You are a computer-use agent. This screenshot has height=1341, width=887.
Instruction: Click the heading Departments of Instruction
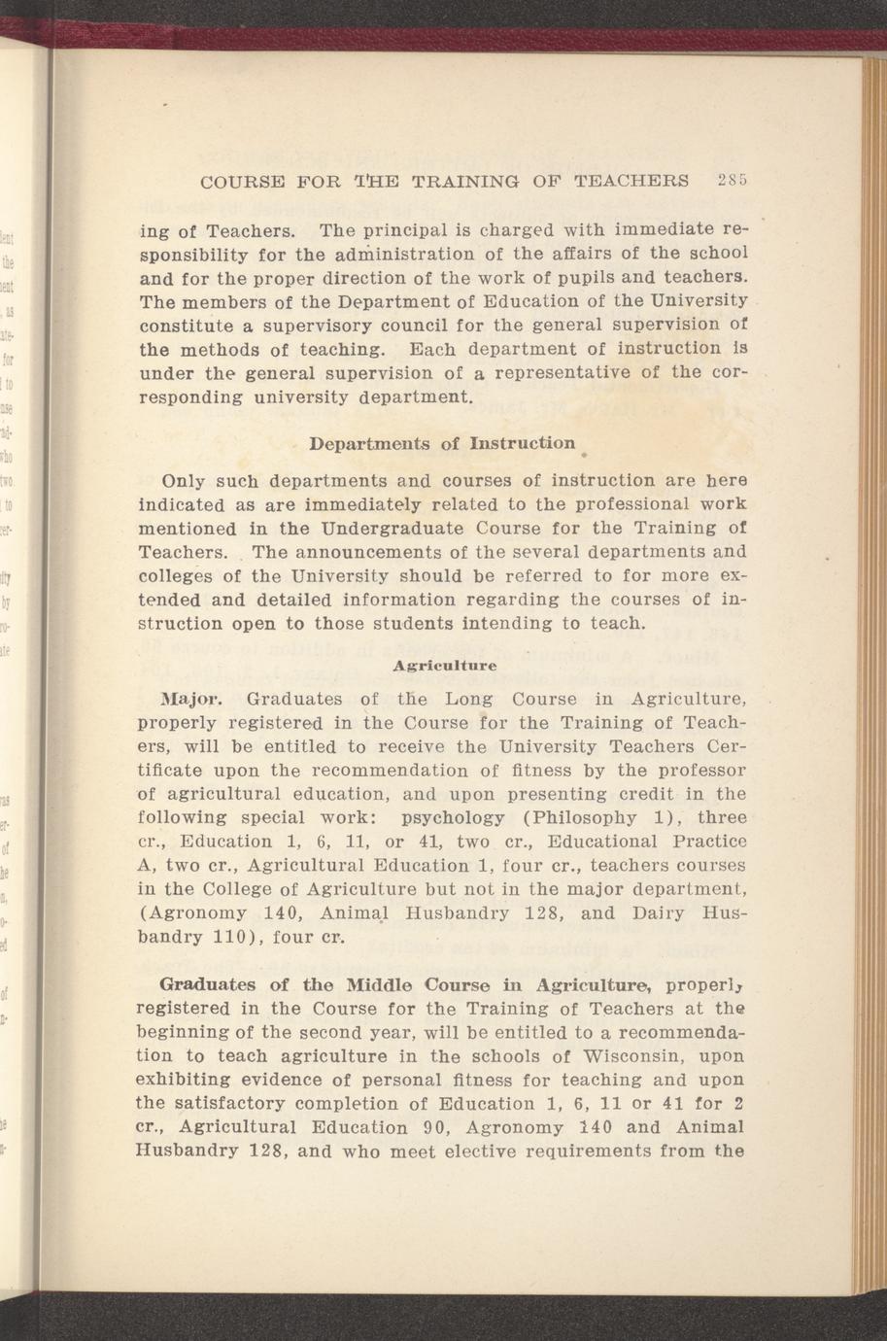(x=442, y=444)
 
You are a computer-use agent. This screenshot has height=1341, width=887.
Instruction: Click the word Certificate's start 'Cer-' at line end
(x=721, y=746)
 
